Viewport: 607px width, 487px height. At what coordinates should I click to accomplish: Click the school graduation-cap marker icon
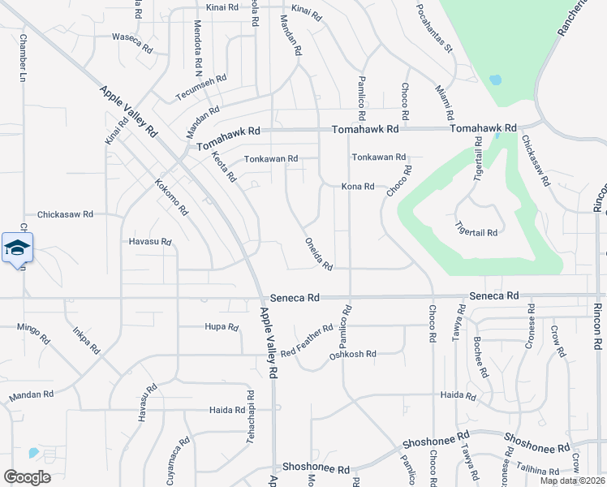[17, 248]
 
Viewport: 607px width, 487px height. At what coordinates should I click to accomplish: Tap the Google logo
[27, 476]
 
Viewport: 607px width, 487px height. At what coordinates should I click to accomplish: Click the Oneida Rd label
[319, 254]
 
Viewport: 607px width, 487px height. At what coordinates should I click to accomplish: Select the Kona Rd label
[357, 187]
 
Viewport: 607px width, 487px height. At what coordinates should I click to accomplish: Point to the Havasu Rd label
[150, 242]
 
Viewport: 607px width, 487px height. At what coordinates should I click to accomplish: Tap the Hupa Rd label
[222, 328]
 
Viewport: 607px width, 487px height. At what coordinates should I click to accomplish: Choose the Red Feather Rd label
[307, 341]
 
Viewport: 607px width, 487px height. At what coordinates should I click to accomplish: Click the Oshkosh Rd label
[353, 354]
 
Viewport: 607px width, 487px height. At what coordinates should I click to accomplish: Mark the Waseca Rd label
[132, 42]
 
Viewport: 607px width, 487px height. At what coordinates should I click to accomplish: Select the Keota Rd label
[223, 166]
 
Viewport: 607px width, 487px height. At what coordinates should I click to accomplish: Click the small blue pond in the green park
[495, 80]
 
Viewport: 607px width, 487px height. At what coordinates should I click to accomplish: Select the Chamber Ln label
[23, 60]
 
